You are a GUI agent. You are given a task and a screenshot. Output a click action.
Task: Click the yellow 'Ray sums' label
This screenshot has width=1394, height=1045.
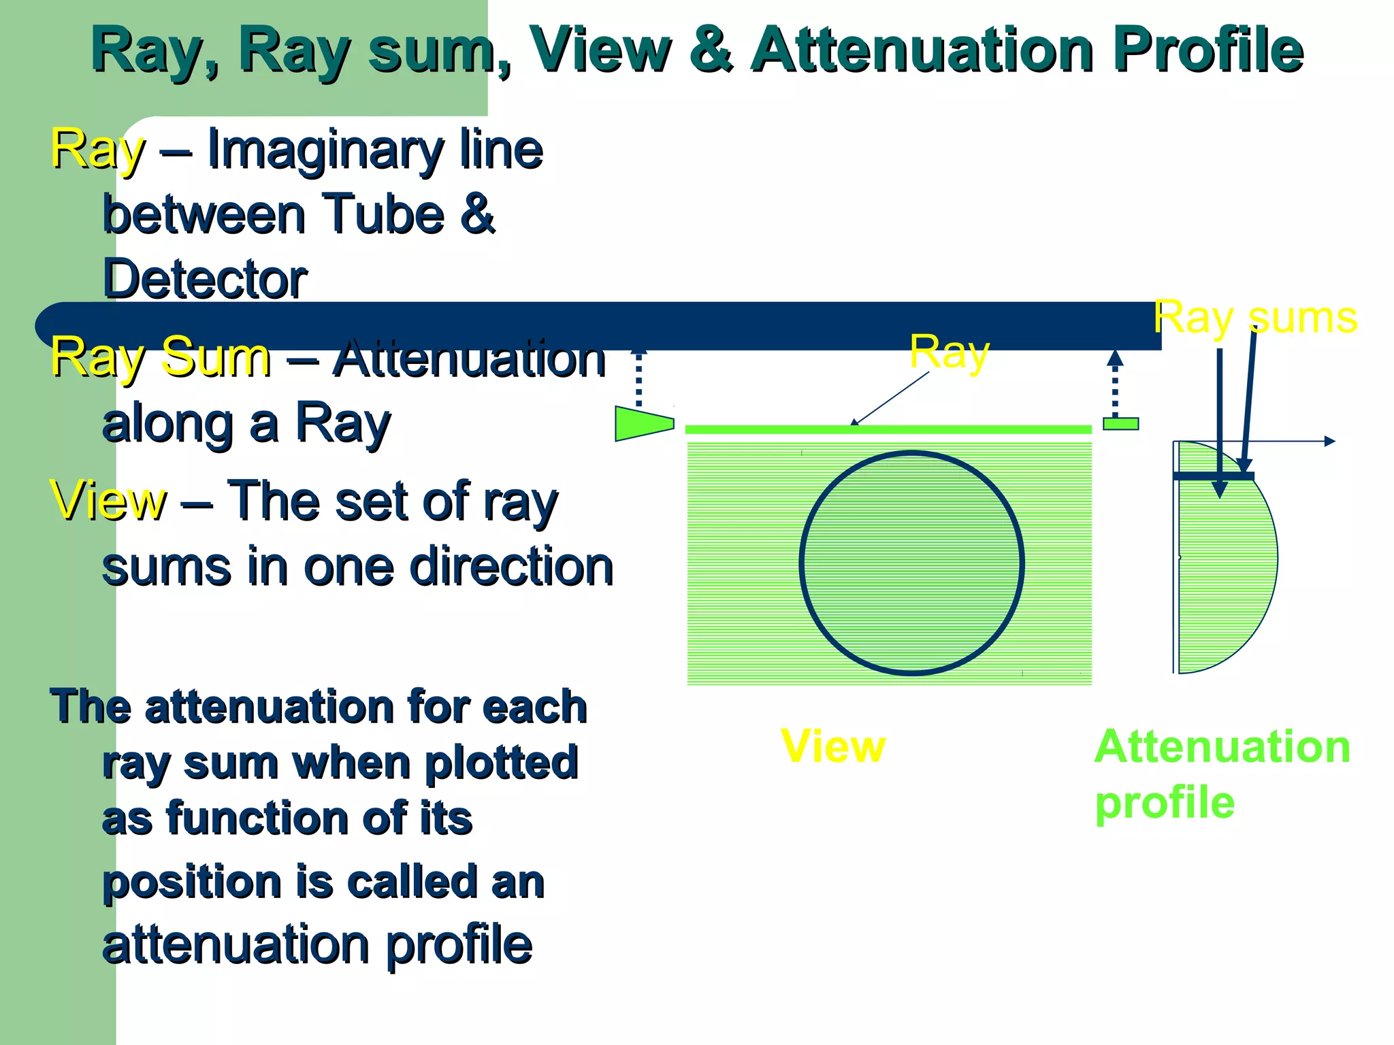point(1255,318)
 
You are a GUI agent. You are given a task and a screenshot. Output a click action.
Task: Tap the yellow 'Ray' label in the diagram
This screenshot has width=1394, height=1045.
point(950,352)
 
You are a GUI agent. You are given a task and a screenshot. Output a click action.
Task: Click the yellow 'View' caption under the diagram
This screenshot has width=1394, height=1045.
point(832,746)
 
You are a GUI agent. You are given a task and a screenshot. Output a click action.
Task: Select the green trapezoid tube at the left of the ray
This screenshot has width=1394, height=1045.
point(643,423)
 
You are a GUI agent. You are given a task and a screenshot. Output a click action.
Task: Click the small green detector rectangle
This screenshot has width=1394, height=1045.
point(1120,424)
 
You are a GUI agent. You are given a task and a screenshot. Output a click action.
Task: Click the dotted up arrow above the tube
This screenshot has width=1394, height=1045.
point(638,378)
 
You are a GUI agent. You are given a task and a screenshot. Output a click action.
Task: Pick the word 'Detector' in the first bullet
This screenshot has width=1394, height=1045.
point(204,279)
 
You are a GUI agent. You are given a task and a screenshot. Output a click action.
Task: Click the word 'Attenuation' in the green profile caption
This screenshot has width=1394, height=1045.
point(1222,747)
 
